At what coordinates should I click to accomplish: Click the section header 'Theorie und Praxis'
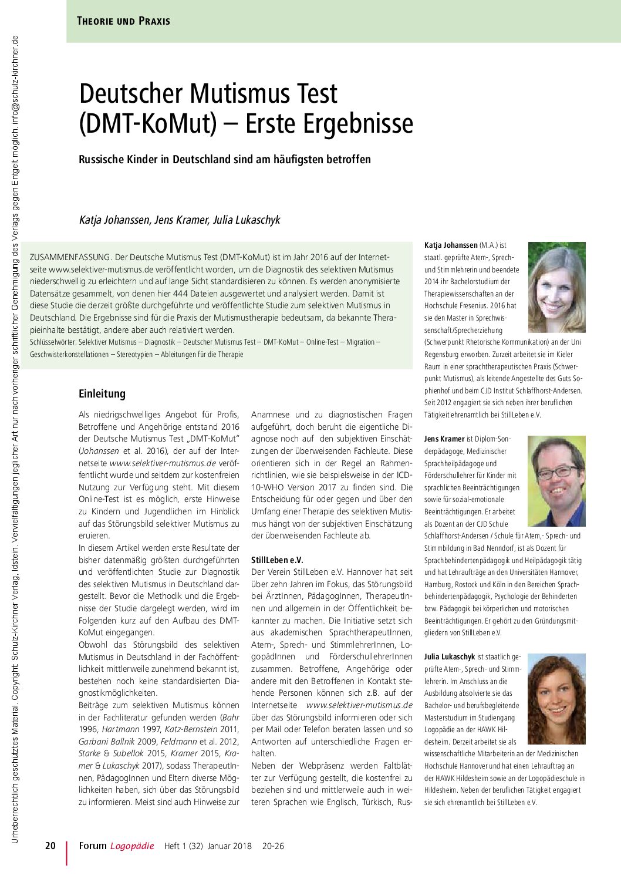pos(123,21)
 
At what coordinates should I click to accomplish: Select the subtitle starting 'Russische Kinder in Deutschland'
pos(225,159)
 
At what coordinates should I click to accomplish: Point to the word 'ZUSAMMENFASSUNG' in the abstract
pos(70,257)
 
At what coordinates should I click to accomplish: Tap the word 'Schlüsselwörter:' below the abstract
pos(53,342)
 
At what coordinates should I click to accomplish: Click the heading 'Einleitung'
pos(102,393)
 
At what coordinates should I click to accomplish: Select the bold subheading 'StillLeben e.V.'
pos(277,560)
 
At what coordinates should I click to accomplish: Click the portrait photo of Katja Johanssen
pos(556,288)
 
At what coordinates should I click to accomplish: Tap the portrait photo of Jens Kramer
pos(556,481)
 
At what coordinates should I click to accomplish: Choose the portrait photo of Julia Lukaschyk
pos(556,699)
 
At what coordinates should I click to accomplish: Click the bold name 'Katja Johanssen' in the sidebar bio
pos(451,245)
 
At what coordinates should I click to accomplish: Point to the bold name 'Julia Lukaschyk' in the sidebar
pos(450,657)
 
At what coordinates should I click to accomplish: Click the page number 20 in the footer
pos(50,846)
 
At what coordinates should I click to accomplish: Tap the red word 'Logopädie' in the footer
pos(132,846)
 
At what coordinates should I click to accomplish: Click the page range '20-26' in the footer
pos(273,846)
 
